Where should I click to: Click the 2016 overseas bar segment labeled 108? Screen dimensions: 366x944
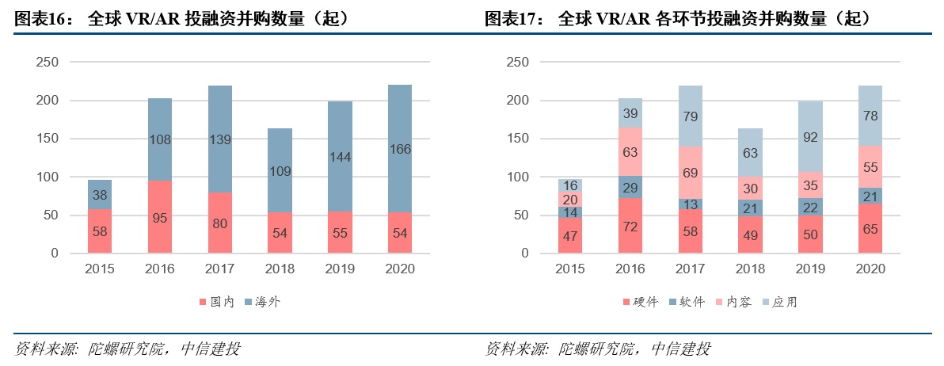160,139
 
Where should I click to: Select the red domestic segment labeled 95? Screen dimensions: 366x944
160,217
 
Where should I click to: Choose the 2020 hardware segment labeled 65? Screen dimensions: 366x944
870,228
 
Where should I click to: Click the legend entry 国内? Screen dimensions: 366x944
219,302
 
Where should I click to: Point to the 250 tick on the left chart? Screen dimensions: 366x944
47,62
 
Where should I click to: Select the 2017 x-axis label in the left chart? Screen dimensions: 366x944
219,269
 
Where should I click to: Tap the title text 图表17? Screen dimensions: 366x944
509,18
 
